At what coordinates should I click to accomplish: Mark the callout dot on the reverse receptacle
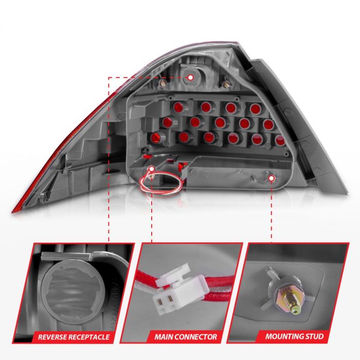click(190, 77)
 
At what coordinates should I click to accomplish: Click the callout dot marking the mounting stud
click(272, 177)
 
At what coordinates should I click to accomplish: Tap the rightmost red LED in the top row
click(255, 109)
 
